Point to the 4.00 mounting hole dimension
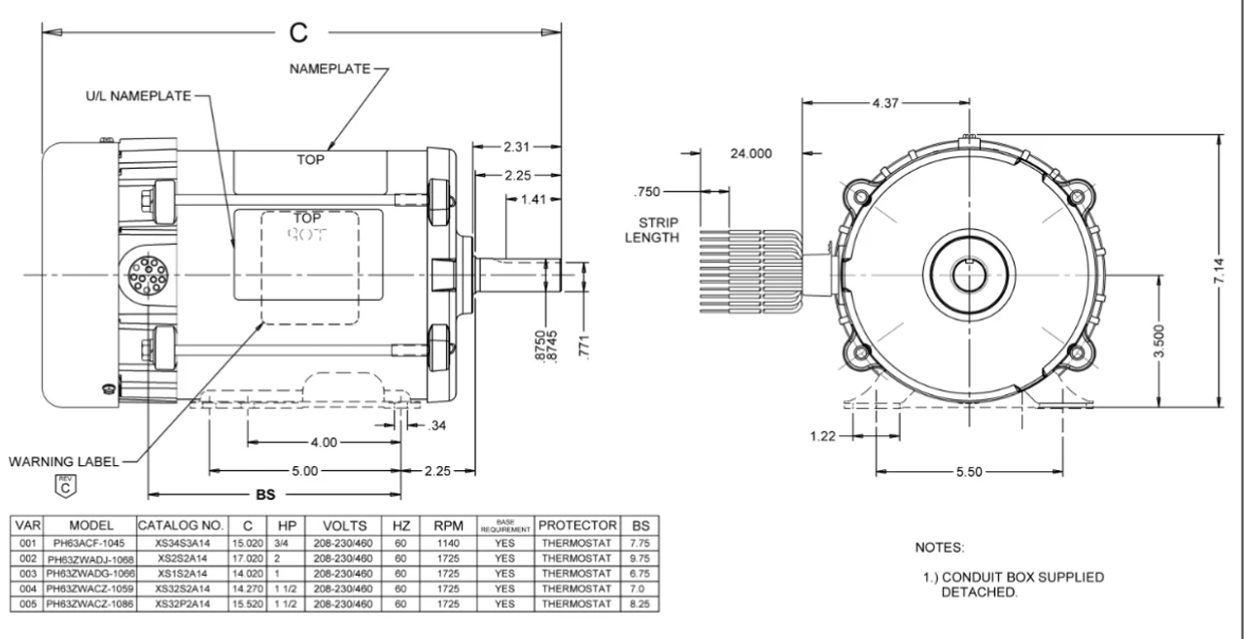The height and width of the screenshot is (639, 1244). (x=323, y=442)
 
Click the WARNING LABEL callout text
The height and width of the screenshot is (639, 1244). (x=63, y=462)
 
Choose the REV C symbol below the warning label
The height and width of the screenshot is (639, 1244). (x=62, y=487)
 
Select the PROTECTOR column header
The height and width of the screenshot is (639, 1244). (x=578, y=524)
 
